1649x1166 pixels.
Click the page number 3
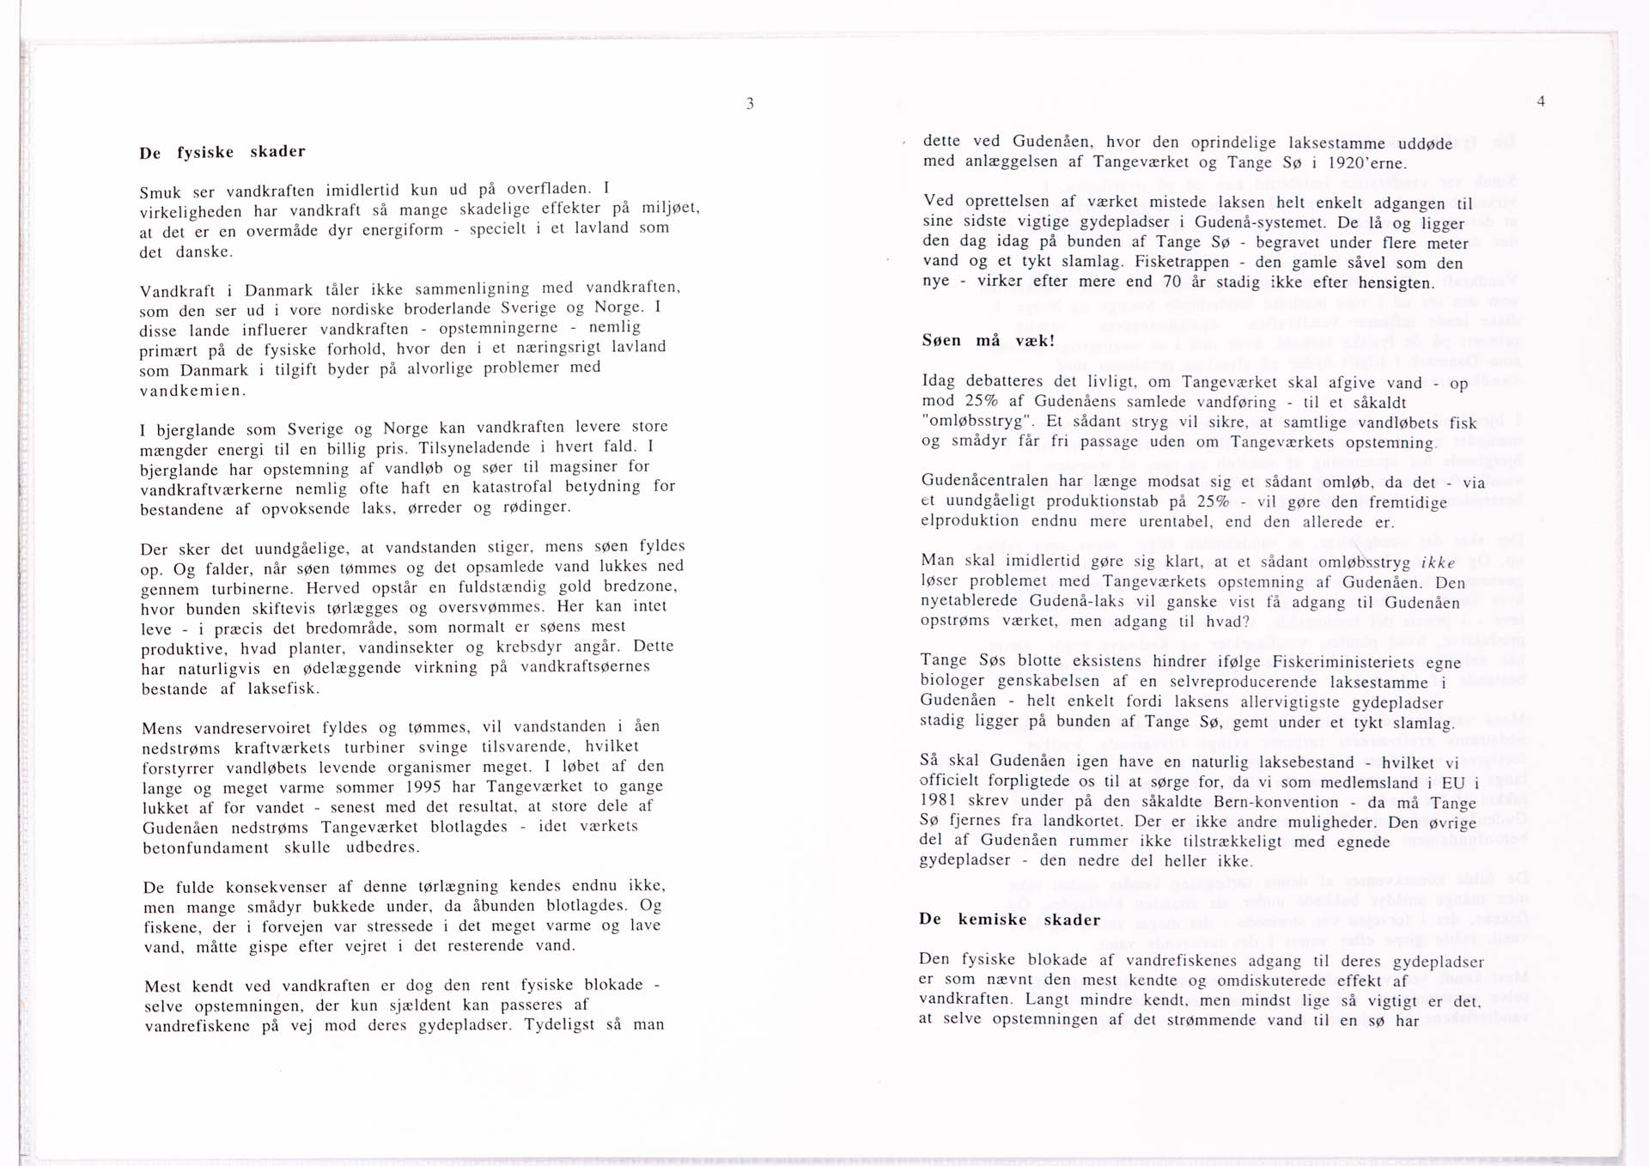[x=750, y=104]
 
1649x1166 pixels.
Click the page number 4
[x=1541, y=101]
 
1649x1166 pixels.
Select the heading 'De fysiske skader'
[x=222, y=153]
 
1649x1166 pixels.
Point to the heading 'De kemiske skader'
[x=1009, y=919]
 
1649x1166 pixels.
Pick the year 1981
[x=939, y=801]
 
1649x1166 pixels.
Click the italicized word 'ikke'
[x=1439, y=562]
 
